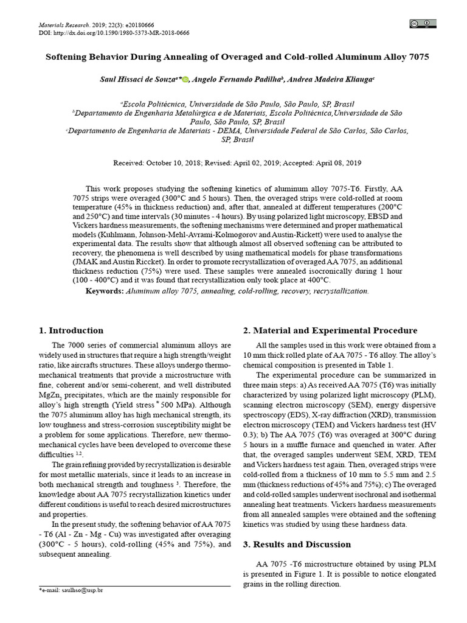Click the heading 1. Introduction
tap(71, 330)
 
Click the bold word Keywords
tap(103, 291)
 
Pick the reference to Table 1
tap(381, 364)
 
